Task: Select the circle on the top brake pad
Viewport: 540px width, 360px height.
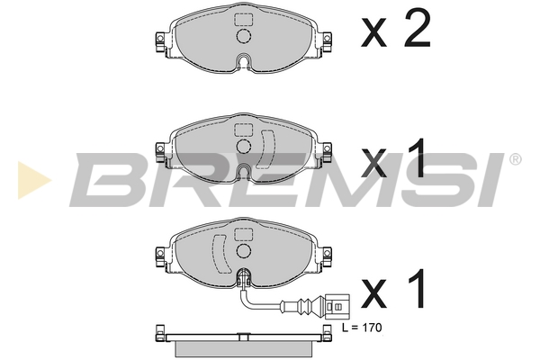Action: pyautogui.click(x=243, y=37)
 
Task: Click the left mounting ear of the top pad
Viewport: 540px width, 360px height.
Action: pyautogui.click(x=160, y=40)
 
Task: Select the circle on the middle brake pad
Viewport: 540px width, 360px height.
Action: pyautogui.click(x=243, y=146)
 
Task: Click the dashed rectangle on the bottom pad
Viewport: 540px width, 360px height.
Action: pyautogui.click(x=243, y=234)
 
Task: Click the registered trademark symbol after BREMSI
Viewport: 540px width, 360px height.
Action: pyautogui.click(x=514, y=159)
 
